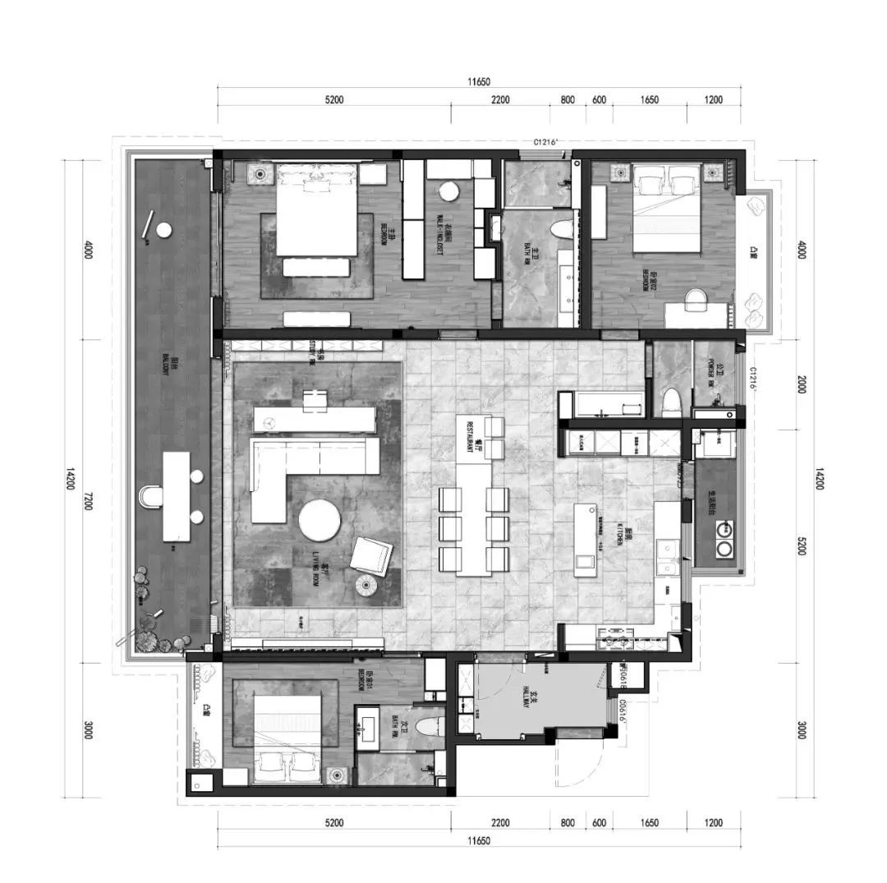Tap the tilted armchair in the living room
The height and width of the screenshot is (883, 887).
(x=371, y=556)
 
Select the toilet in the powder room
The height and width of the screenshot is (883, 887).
(x=670, y=401)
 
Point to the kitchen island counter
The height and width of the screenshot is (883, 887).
(x=586, y=540)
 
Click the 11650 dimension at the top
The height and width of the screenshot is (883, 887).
(x=479, y=81)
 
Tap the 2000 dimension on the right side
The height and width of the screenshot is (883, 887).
(x=800, y=384)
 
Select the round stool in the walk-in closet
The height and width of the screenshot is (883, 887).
(x=448, y=191)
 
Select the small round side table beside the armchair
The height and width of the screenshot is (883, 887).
(x=365, y=585)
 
